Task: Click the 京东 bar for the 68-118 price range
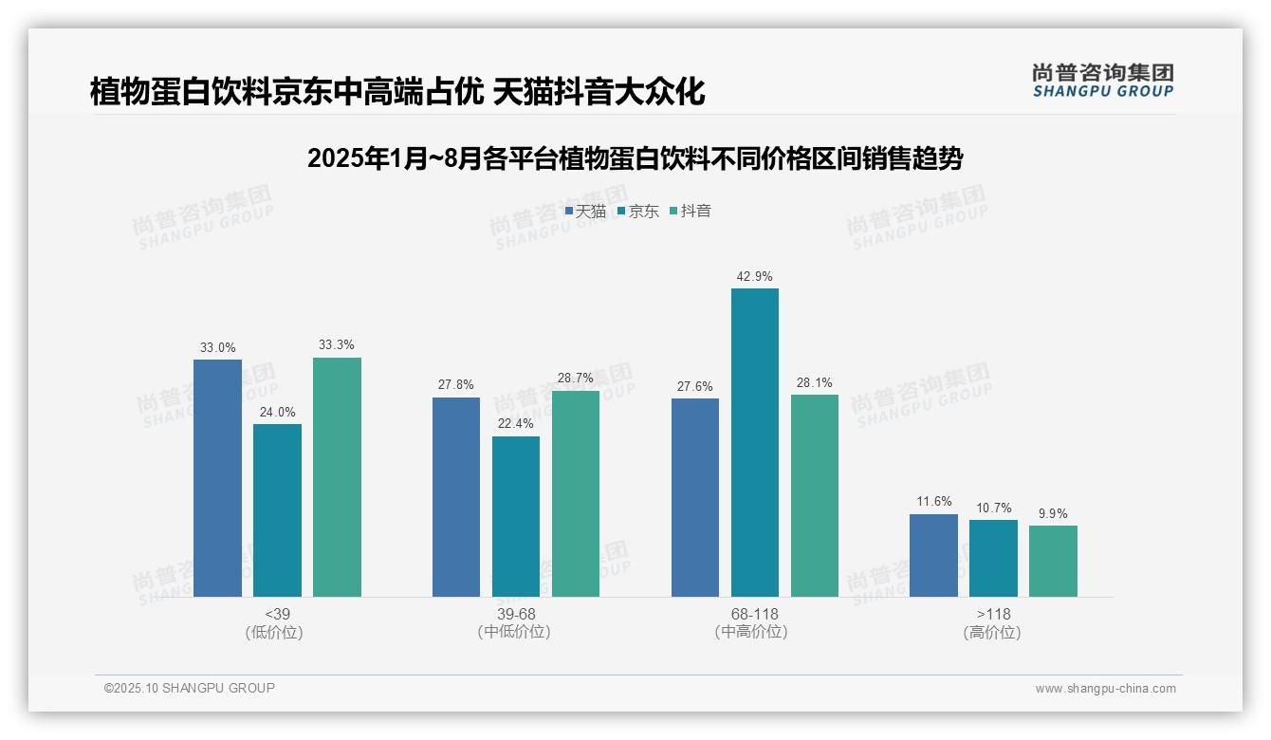(754, 442)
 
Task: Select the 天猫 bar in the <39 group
(217, 478)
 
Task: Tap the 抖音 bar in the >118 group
(1053, 561)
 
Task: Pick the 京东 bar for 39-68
(515, 516)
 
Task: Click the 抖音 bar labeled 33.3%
(337, 477)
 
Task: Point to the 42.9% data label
(754, 277)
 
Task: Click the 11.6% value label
(933, 502)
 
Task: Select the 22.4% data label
(515, 424)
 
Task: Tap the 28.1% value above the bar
(814, 383)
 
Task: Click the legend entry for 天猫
(585, 212)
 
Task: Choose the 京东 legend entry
(638, 212)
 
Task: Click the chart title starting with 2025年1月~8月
(635, 158)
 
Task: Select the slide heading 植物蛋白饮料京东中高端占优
(397, 92)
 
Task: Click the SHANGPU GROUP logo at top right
(1102, 81)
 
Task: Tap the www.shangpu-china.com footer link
(1105, 689)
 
